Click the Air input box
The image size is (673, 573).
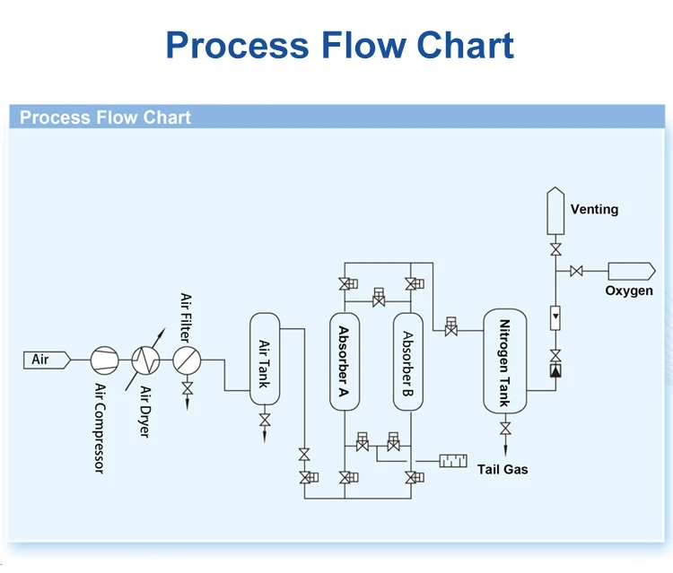[46, 360]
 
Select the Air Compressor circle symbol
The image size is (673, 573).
[104, 360]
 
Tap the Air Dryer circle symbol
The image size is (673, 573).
[145, 360]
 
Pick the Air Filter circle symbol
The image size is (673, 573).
[187, 360]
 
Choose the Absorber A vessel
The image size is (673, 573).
[344, 361]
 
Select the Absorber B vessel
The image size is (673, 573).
[407, 361]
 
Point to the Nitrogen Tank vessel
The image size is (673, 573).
[505, 361]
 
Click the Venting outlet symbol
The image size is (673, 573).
[555, 210]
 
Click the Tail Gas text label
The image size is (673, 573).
[503, 469]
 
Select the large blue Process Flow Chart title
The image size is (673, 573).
[340, 45]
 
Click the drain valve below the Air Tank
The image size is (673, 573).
[265, 421]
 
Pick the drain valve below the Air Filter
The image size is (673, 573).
[187, 390]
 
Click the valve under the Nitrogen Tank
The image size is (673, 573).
[505, 429]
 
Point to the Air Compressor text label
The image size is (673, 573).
[100, 428]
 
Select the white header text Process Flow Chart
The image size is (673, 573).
[105, 117]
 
